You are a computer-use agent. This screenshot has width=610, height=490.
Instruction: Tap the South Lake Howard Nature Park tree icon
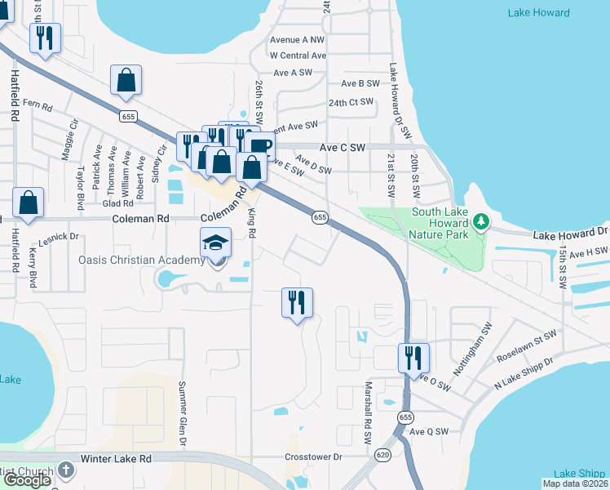tap(482, 221)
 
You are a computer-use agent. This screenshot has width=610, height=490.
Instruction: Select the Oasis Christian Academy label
tap(140, 260)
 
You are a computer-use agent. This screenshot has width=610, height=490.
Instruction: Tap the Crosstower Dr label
tap(312, 457)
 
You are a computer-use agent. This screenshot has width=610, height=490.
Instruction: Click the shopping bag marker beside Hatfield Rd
tap(28, 203)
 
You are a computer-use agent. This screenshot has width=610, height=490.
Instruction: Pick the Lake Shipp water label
tap(579, 474)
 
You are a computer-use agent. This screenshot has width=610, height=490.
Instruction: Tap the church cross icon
tap(66, 471)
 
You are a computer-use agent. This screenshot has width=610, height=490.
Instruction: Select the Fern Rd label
tap(38, 105)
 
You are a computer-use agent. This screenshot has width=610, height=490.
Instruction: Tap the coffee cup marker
tap(259, 146)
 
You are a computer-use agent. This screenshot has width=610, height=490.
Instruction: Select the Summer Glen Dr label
tap(183, 413)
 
